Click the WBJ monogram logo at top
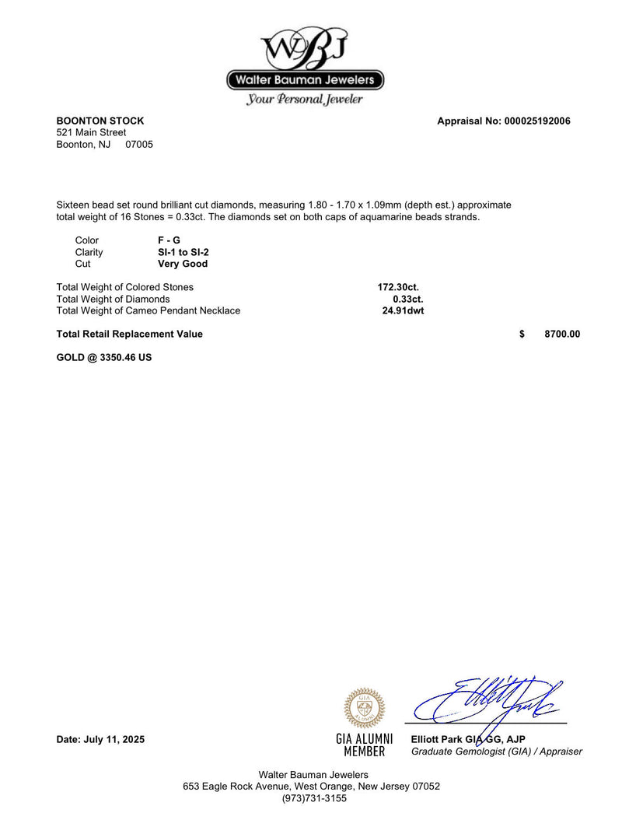tap(305, 48)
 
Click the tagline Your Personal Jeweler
tap(305, 100)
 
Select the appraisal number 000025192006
tap(537, 121)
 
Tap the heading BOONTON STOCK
tap(100, 121)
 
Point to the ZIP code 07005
tap(139, 145)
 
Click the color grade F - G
tap(169, 240)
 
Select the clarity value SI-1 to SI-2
tap(183, 252)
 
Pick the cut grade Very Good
tap(183, 264)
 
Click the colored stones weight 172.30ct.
tap(398, 287)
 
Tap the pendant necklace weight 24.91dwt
tap(403, 310)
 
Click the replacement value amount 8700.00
tap(562, 335)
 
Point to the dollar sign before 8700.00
tap(522, 335)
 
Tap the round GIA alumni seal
tap(364, 708)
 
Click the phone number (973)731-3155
tap(314, 798)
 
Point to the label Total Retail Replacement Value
tap(130, 335)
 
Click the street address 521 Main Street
tap(91, 133)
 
